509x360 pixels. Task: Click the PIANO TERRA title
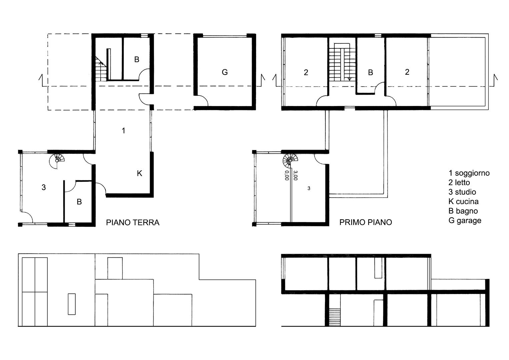133,222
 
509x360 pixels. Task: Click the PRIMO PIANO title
366,222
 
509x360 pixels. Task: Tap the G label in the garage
225,72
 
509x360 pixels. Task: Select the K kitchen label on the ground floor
139,173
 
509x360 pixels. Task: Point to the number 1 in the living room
123,130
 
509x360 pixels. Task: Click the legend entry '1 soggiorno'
469,173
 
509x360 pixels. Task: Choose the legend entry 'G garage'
465,220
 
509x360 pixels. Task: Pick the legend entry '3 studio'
462,192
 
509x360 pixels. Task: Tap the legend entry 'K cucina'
464,201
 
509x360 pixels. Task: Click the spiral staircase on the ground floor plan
57,160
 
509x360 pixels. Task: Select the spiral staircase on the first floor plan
290,160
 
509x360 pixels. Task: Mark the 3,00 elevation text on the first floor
295,175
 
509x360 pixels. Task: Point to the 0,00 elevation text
287,175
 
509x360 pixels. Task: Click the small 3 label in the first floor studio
309,188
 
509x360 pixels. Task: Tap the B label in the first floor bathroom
370,72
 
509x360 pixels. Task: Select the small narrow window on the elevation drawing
72,304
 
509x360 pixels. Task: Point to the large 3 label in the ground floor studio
44,187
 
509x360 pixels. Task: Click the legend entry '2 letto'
459,182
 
